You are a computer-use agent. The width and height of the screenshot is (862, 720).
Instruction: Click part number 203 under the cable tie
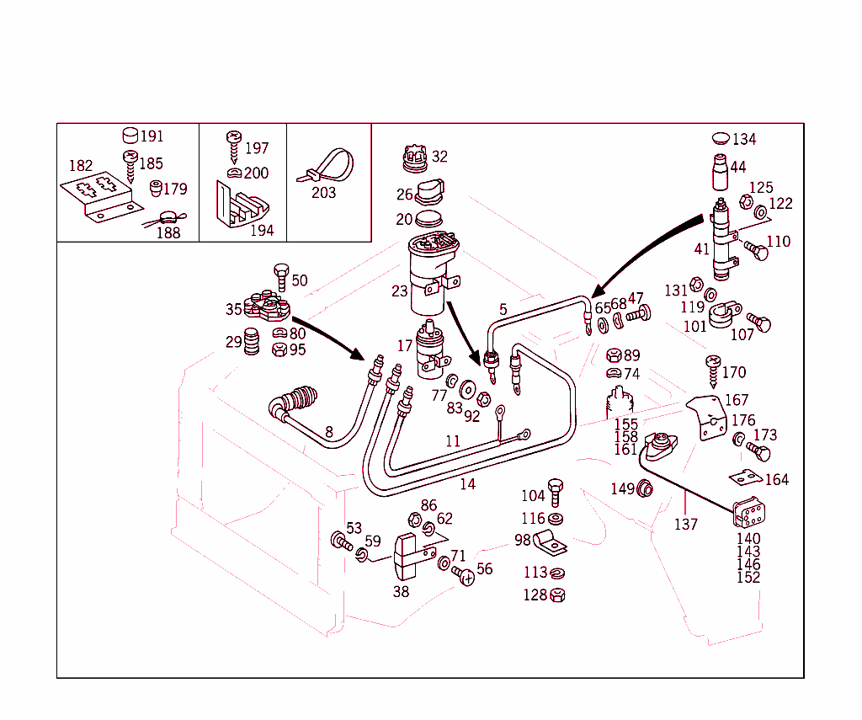tap(323, 193)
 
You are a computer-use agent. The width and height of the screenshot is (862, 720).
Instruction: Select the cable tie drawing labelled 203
tap(327, 166)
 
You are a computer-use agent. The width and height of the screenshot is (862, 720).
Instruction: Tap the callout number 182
tap(81, 166)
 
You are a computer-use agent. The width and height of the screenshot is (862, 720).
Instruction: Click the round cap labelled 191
tap(130, 136)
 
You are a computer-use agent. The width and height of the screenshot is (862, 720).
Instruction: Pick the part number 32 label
tap(439, 157)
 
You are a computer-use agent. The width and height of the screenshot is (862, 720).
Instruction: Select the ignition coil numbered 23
tap(431, 269)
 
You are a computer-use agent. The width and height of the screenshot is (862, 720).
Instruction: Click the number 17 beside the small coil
tap(405, 345)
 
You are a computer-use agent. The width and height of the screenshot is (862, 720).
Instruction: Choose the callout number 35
tap(233, 310)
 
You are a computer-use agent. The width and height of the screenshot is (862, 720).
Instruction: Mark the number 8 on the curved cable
tap(329, 432)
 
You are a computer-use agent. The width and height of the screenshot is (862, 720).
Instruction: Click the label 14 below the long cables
tap(467, 484)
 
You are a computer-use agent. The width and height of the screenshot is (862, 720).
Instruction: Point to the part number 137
tap(686, 525)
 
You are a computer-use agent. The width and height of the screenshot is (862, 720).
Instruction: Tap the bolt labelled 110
tap(756, 250)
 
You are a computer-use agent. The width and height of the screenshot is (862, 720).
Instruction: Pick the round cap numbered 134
tap(721, 138)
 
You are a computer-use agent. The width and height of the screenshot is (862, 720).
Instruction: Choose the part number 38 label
tap(401, 592)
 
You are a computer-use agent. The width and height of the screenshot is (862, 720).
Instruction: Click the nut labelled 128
tap(557, 595)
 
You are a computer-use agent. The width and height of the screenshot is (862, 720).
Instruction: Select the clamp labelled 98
tap(549, 543)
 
